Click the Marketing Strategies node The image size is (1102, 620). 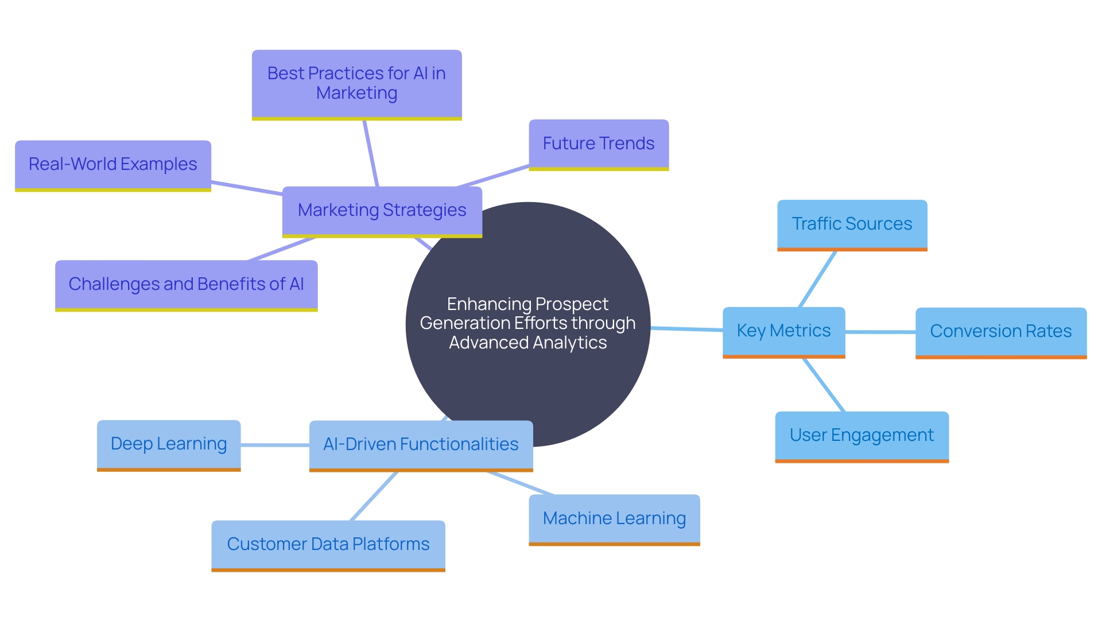382,211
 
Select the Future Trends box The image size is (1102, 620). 599,144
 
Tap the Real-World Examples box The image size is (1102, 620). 113,165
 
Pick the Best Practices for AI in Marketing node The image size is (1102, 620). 356,84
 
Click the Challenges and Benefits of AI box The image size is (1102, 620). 186,285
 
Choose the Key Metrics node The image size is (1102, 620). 783,331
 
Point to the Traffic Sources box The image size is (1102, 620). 852,224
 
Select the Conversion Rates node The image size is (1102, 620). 1000,332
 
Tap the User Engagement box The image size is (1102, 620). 862,436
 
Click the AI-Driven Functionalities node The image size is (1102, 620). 421,445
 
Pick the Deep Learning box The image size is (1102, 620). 169,444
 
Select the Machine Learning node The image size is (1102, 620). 614,519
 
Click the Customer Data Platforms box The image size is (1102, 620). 328,545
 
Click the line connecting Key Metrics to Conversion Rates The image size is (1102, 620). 880,332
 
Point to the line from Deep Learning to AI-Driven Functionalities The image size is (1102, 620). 274,445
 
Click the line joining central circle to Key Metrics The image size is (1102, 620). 686,329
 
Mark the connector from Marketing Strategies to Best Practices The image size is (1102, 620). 371,153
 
